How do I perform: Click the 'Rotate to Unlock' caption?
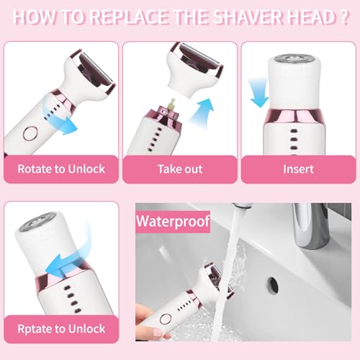pos(60,169)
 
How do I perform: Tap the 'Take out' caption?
pos(179,169)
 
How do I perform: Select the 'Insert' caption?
pos(298,169)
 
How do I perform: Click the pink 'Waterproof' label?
pos(174,220)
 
